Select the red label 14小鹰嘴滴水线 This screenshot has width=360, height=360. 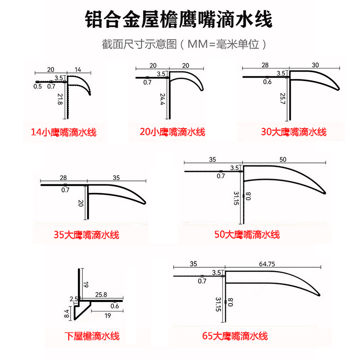[x=63, y=132]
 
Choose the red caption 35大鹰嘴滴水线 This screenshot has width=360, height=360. [x=86, y=235]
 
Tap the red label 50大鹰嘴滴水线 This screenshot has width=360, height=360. [x=247, y=234]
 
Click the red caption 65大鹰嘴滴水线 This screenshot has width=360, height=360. [x=235, y=336]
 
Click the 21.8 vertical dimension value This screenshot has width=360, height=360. [x=60, y=99]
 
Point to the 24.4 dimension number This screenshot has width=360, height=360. [x=162, y=99]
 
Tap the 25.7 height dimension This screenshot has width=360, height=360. [x=283, y=99]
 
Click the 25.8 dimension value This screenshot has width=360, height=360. [x=101, y=295]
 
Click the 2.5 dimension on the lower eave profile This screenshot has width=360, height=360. [x=73, y=299]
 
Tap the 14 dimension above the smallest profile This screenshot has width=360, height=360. [x=78, y=69]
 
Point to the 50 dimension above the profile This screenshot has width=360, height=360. [x=283, y=159]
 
